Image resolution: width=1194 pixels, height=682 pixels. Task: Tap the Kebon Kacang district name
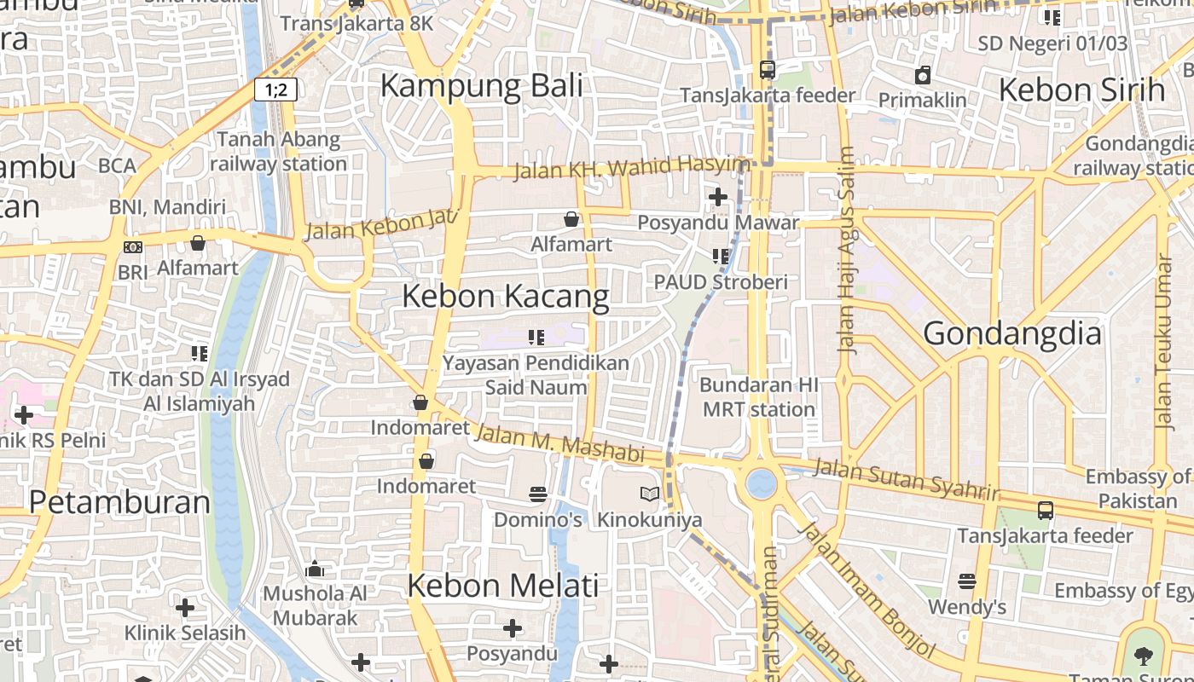[x=505, y=297]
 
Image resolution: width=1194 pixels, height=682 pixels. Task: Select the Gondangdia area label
[x=1012, y=333]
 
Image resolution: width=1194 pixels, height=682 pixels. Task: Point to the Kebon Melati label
[x=502, y=586]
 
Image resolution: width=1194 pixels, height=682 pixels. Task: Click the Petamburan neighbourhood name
[x=119, y=502]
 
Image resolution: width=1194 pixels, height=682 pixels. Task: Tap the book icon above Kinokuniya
[x=650, y=494]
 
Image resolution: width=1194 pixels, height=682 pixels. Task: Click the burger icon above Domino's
[x=537, y=494]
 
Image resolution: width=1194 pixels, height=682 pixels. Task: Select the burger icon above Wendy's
[x=966, y=581]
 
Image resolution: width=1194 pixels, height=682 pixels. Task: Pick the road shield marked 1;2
[x=275, y=90]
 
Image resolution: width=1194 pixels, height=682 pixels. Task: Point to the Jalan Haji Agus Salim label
[x=847, y=250]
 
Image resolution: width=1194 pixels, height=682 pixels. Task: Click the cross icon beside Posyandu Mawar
[x=718, y=197]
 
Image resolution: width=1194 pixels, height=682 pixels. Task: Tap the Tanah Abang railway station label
[x=278, y=151]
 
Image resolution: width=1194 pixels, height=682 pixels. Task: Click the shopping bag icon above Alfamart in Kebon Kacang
[x=571, y=220]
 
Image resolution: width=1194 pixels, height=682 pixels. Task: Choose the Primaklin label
[x=923, y=100]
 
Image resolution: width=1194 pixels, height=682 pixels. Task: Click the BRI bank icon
[x=133, y=247]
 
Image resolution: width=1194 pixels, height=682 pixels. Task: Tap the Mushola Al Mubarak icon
[x=315, y=569]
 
